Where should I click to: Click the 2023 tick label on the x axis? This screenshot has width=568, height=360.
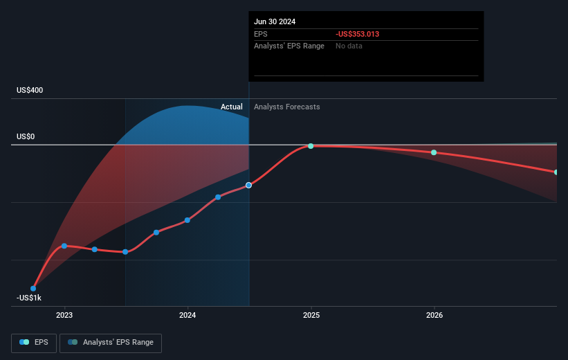click(64, 315)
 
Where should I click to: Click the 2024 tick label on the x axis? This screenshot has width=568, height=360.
click(187, 315)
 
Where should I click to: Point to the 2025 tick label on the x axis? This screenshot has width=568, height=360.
click(311, 315)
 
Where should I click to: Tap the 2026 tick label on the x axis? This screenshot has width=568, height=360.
click(434, 315)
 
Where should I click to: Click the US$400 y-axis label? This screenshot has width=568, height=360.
click(31, 91)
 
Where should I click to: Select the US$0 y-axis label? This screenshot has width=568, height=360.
click(26, 137)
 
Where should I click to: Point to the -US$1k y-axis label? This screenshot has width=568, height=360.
click(29, 298)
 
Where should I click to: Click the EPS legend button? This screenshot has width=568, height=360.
click(34, 342)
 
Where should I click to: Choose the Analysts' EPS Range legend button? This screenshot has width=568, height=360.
click(111, 342)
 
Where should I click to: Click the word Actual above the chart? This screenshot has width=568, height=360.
click(232, 107)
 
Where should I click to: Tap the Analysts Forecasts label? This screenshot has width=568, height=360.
click(286, 107)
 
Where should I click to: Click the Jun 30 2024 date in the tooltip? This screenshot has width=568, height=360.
click(275, 21)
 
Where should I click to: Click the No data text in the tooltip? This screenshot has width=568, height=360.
click(349, 46)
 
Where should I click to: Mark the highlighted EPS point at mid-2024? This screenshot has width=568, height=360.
click(249, 185)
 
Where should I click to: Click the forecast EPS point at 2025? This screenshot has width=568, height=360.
click(311, 146)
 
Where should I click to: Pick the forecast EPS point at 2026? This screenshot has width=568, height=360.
click(434, 152)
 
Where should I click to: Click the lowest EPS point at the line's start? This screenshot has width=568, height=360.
click(33, 288)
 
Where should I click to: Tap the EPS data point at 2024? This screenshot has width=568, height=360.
click(187, 220)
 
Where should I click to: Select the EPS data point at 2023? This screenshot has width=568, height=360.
click(64, 246)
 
